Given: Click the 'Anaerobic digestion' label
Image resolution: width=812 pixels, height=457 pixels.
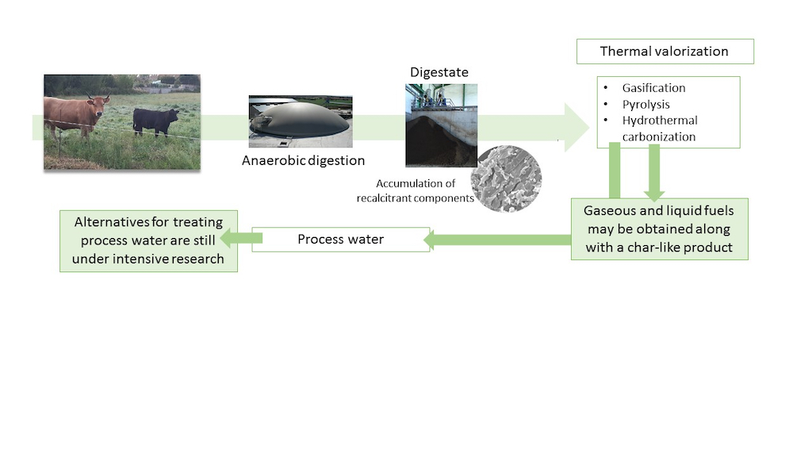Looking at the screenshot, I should [304, 161].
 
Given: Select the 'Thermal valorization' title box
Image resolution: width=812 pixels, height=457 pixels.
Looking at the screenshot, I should [664, 52].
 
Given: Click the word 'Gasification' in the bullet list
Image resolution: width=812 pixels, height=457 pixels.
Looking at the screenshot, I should [653, 88].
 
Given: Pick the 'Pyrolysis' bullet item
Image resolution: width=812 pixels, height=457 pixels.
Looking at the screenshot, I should [645, 105].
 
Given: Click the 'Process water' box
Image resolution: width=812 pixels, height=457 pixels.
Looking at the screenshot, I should [340, 239].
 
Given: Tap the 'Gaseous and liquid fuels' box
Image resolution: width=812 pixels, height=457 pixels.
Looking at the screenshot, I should [659, 229].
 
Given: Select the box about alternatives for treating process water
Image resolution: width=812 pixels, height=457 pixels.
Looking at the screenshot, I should [148, 240].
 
